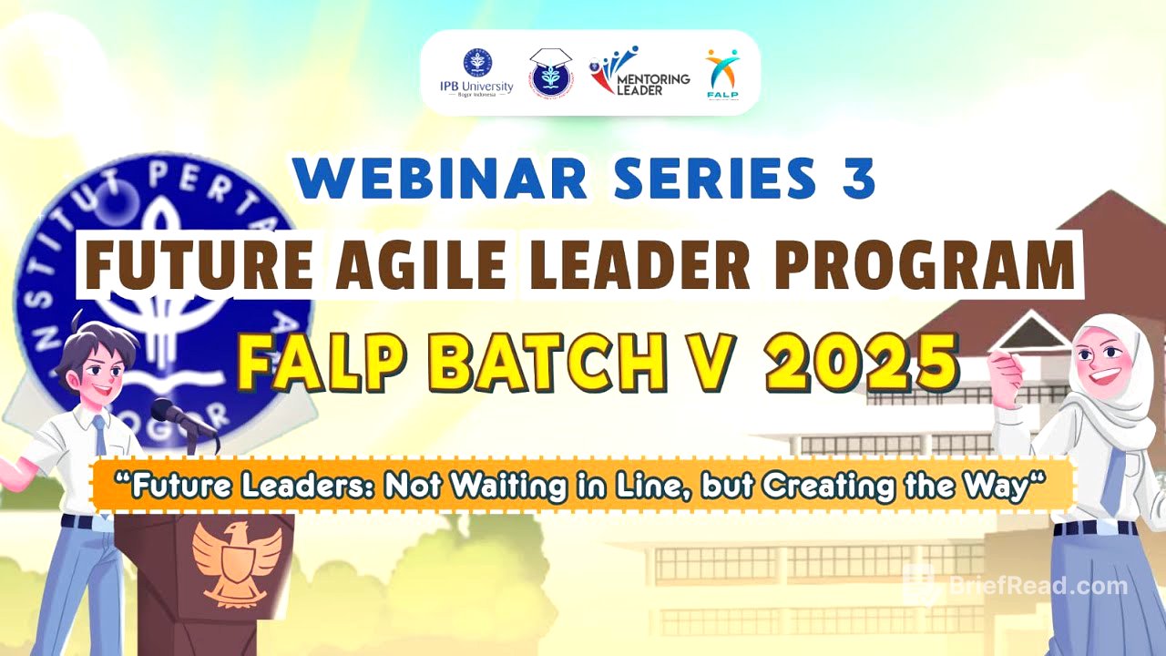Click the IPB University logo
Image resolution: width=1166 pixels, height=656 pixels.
tap(476, 72)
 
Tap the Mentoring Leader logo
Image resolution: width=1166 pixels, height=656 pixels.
tap(639, 72)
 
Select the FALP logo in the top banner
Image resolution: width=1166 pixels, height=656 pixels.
tap(721, 73)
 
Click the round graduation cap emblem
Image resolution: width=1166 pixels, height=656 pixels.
tap(551, 72)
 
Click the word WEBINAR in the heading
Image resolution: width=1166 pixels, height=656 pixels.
tap(440, 179)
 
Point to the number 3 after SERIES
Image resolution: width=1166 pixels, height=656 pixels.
tap(859, 179)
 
